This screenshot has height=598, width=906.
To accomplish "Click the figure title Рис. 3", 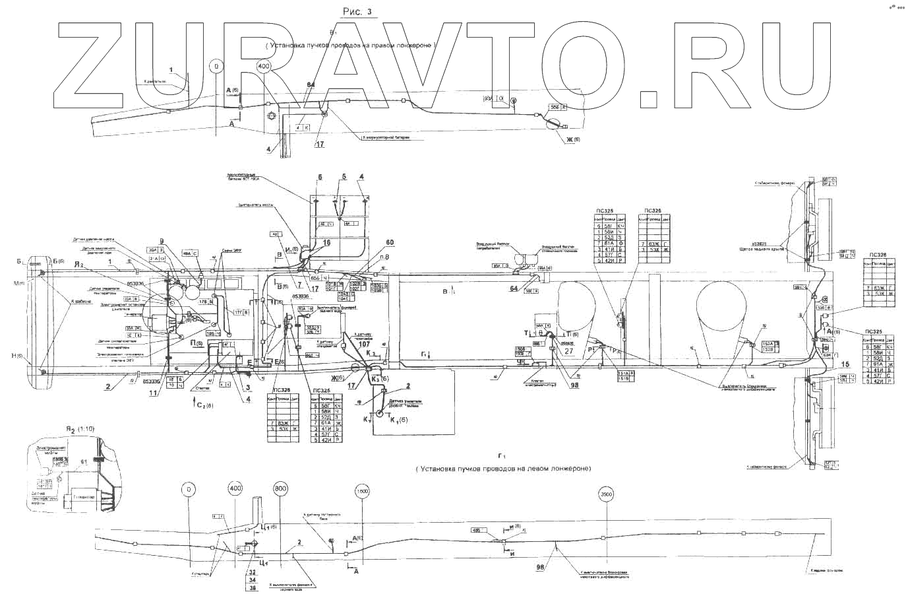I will tap(359, 11).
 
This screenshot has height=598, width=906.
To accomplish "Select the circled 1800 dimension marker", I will tap(362, 491).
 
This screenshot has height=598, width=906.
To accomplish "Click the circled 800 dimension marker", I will tap(280, 489).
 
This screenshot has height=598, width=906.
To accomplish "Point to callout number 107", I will tap(363, 343).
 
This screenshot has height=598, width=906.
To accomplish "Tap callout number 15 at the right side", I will tap(846, 364).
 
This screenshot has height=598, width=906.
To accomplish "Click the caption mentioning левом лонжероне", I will tap(504, 468).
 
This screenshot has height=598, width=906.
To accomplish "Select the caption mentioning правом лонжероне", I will tap(352, 46).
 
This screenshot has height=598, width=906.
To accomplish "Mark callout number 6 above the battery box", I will tap(320, 177).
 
